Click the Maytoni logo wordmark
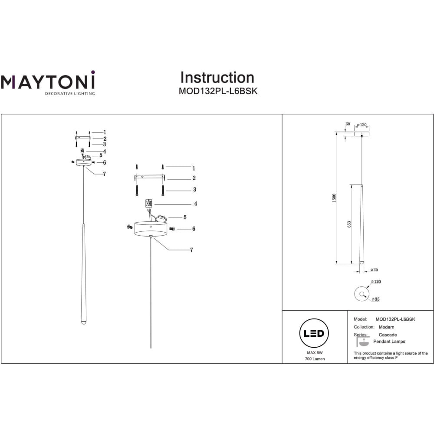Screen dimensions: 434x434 [47, 81]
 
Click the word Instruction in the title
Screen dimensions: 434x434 [217, 78]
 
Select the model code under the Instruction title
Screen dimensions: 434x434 [218, 92]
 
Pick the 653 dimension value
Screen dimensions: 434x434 [349, 224]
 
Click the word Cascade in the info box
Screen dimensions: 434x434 [388, 335]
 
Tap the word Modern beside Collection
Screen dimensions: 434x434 [386, 327]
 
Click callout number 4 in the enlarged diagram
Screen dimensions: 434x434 [196, 204]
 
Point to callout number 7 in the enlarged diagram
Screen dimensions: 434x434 [191, 250]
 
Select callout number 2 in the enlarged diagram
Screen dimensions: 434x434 [194, 178]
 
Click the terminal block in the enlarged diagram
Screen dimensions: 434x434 [148, 203]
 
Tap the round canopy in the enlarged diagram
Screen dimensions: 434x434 [151, 229]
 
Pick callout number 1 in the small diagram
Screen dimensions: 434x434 [105, 132]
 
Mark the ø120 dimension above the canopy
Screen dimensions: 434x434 [362, 125]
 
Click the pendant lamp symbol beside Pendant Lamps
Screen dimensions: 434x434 [361, 342]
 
